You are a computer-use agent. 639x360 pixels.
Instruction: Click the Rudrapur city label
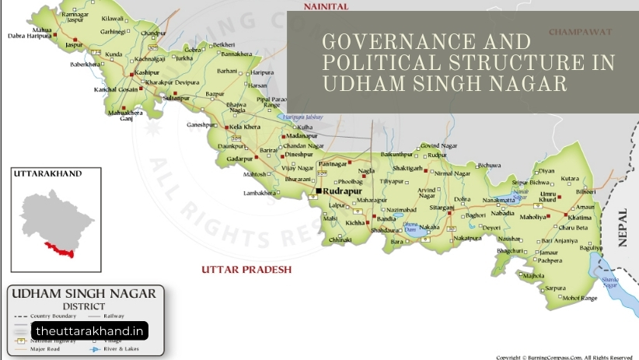point(344,190)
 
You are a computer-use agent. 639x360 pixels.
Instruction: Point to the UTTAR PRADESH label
point(246,270)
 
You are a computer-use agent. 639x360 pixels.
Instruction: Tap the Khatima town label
point(580,218)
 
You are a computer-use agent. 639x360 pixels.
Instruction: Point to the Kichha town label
point(354,222)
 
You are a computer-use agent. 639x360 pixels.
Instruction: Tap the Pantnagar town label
point(333,164)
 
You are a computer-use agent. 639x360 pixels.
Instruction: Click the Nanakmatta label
point(498,200)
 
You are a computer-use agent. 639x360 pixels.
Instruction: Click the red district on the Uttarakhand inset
point(59,250)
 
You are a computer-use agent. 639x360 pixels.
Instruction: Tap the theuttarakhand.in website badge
point(89,330)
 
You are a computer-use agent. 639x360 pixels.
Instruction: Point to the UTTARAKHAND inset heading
point(47,174)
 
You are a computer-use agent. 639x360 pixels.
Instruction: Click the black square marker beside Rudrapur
point(317,190)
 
